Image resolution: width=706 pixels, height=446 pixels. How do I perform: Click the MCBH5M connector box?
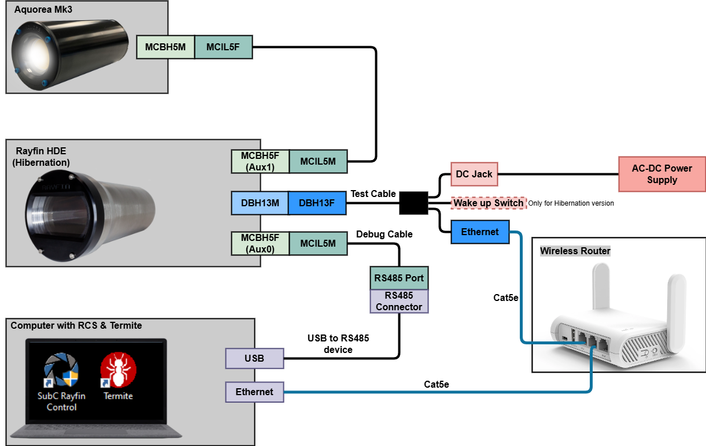point(165,47)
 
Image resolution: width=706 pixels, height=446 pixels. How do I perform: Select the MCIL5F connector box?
point(223,47)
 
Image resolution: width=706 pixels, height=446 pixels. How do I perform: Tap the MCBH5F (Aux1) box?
point(260,162)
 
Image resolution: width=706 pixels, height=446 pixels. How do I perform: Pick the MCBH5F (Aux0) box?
point(260,243)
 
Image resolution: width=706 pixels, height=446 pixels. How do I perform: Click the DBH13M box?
point(260,203)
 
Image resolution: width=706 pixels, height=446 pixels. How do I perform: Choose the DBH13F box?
point(316,203)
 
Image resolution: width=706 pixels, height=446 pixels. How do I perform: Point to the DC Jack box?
point(474,174)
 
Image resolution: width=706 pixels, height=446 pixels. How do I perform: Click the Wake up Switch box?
point(489,203)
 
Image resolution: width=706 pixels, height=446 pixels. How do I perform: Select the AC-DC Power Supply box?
point(662,174)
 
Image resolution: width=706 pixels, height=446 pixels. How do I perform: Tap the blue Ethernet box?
point(480,232)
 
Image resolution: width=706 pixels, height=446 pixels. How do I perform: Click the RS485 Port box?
point(399,278)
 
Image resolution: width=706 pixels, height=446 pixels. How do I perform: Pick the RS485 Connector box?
point(399,302)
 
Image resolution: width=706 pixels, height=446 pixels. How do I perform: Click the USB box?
point(254,358)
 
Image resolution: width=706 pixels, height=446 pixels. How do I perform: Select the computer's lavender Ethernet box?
point(254,392)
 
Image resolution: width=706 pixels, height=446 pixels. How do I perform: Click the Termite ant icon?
point(119,371)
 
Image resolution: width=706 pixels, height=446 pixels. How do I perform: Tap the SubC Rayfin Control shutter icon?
point(61,371)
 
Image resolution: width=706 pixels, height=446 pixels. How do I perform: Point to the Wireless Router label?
point(575,251)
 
